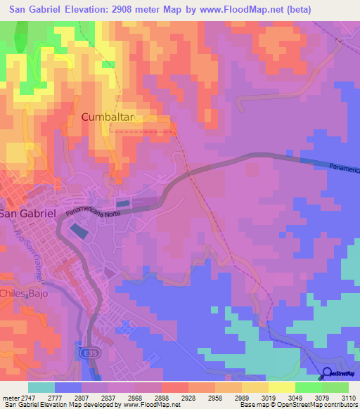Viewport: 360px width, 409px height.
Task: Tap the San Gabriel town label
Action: click(x=27, y=214)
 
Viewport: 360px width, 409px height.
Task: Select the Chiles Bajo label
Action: click(x=24, y=294)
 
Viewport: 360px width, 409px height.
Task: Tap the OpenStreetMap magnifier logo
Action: click(x=328, y=373)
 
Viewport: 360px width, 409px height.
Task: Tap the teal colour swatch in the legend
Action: click(x=41, y=387)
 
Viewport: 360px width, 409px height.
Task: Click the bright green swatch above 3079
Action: click(x=308, y=387)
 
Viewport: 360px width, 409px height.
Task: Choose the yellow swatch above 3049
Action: click(x=281, y=387)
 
